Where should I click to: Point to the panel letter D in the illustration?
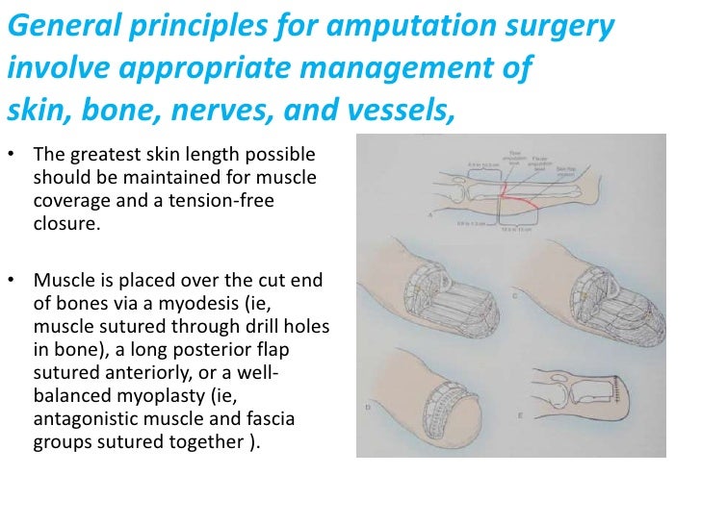(x=368, y=408)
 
